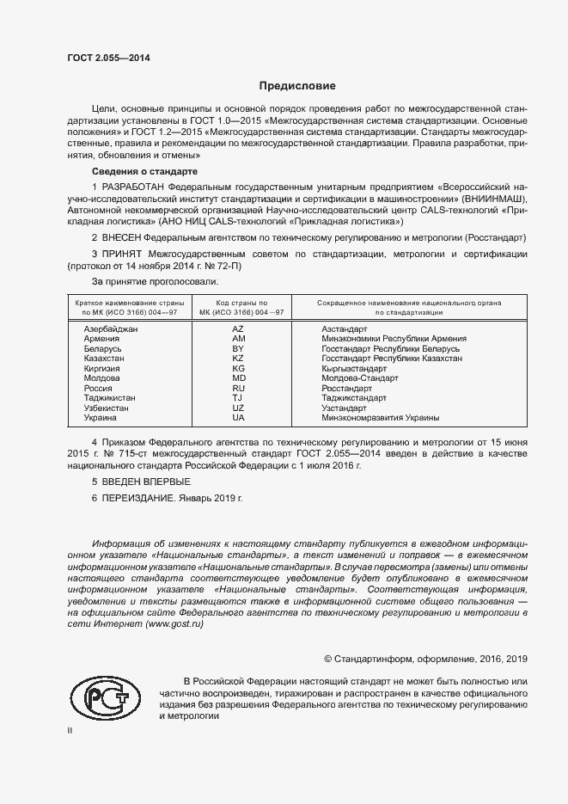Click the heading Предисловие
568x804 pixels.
click(297, 86)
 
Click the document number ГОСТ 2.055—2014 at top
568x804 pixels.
click(107, 58)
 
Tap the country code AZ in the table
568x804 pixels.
click(239, 329)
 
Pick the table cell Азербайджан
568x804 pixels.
click(111, 329)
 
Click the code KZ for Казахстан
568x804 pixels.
click(239, 359)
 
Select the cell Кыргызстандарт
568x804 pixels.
click(355, 368)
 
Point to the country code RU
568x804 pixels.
click(239, 388)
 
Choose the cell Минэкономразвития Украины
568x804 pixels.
click(380, 418)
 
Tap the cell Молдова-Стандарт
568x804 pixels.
click(360, 378)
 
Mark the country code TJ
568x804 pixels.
click(238, 398)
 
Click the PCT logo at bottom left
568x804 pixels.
click(105, 698)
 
